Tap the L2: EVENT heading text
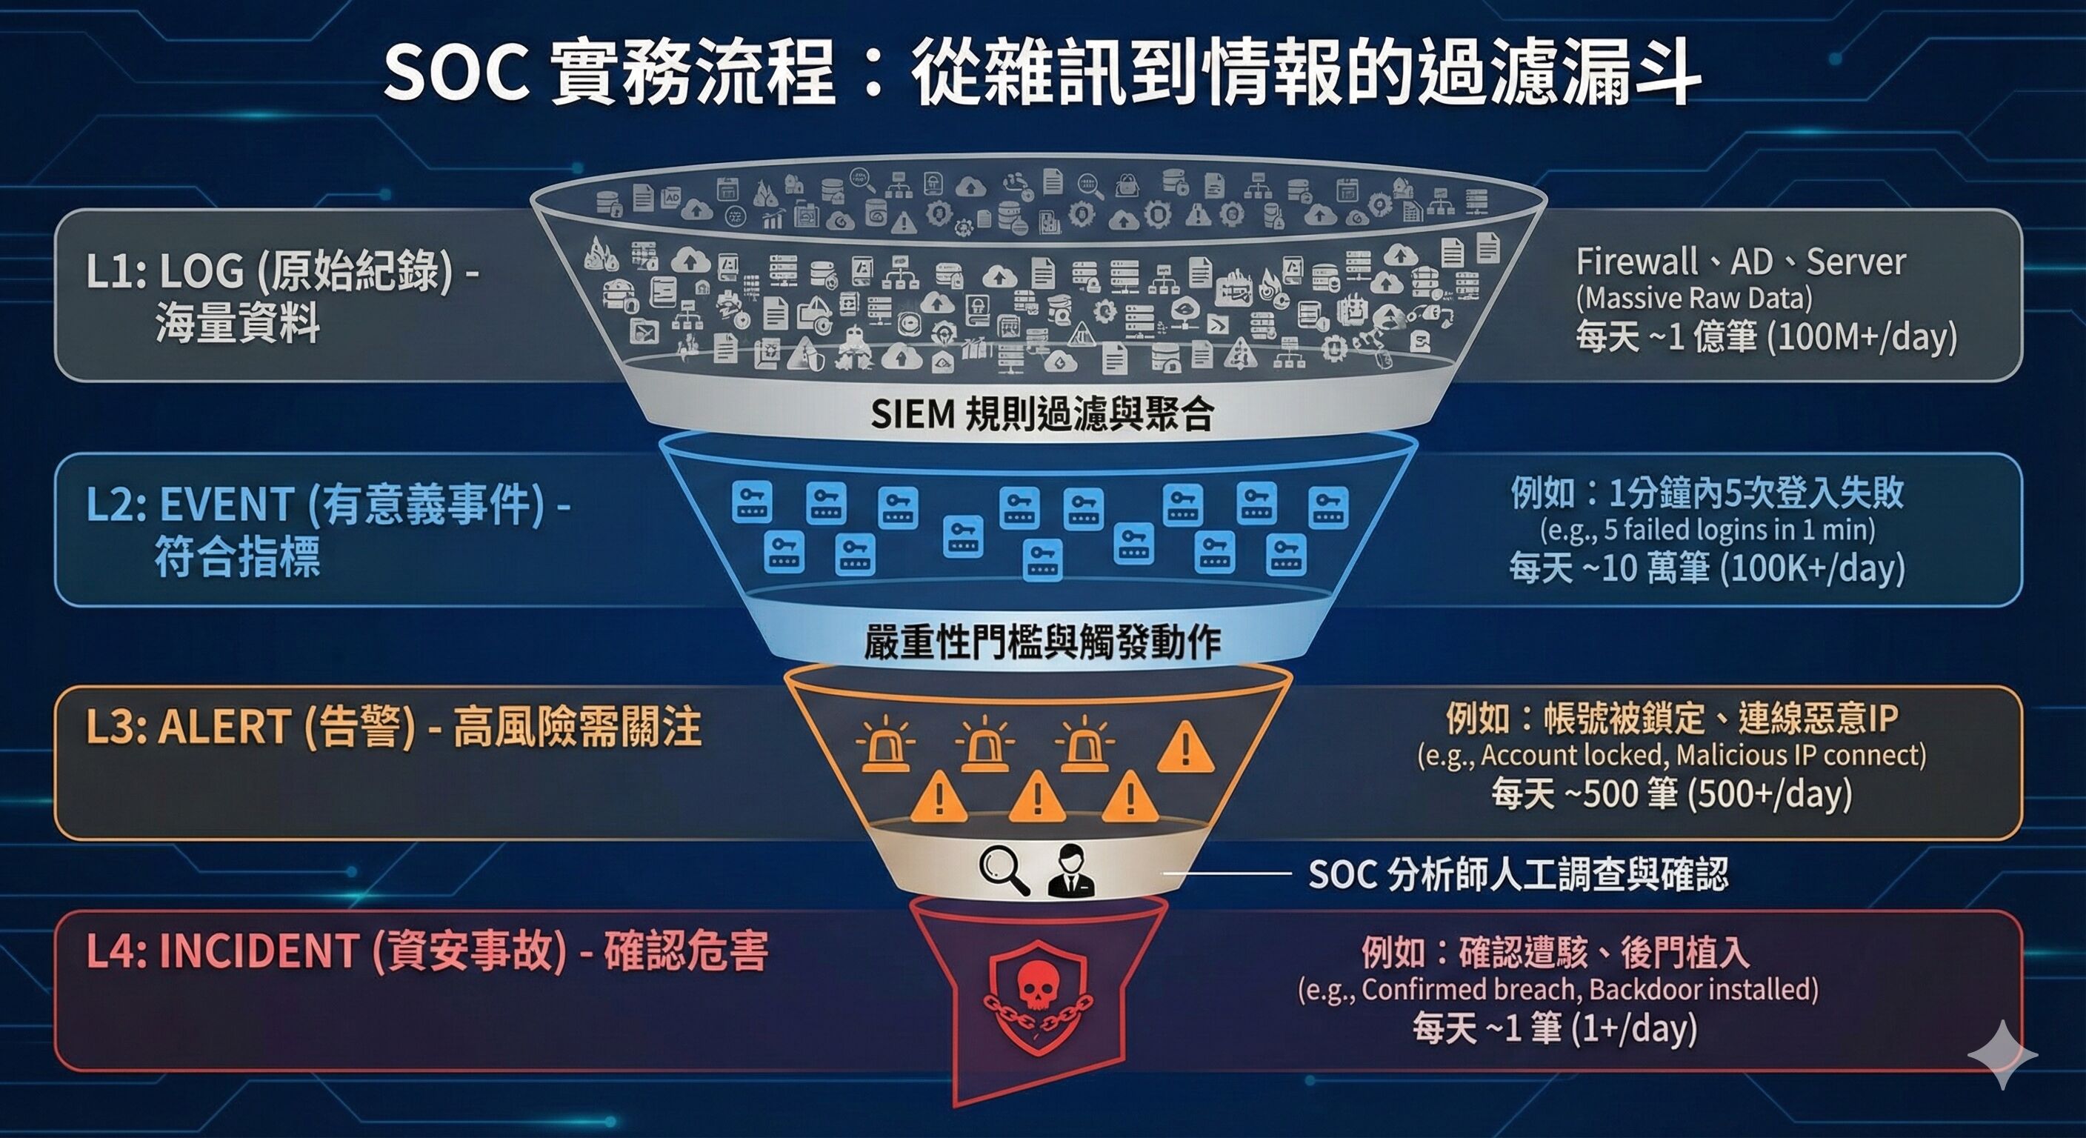[x=190, y=505]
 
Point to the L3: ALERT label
[x=188, y=726]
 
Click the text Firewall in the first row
[x=1636, y=262]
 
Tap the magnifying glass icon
[x=1004, y=871]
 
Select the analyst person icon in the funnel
[x=1070, y=871]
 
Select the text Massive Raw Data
[x=1694, y=298]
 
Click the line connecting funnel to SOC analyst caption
[x=1226, y=874]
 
